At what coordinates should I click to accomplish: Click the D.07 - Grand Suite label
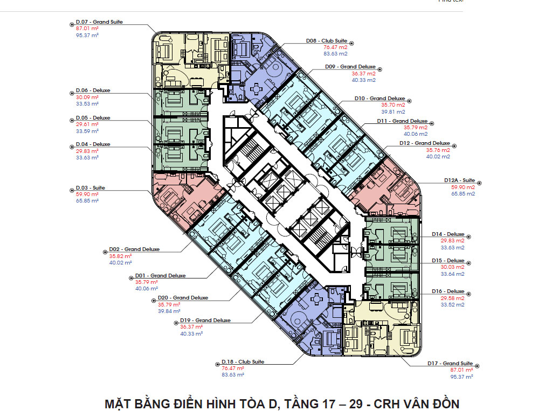[99, 22]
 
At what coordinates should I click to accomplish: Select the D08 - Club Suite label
[327, 41]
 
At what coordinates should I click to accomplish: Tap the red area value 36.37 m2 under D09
[364, 74]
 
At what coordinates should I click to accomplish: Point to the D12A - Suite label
[459, 180]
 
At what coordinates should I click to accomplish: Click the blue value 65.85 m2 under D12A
[463, 194]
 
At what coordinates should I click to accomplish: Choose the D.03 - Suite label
[91, 188]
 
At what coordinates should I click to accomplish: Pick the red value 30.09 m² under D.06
[87, 97]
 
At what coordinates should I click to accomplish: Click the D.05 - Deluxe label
[93, 118]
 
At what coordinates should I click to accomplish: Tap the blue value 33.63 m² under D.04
[87, 158]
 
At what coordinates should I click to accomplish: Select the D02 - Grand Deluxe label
[134, 249]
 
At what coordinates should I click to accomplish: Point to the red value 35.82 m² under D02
[120, 256]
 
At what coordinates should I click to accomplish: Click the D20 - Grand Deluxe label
[183, 298]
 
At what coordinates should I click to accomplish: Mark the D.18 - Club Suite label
[243, 362]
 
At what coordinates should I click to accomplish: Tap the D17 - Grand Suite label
[450, 364]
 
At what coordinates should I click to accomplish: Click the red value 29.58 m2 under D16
[452, 298]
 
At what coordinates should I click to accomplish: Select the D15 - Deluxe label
[448, 261]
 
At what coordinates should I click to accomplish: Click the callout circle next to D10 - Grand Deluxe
[409, 101]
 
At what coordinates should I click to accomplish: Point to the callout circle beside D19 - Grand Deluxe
[176, 323]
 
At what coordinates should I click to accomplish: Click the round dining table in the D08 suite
[257, 88]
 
